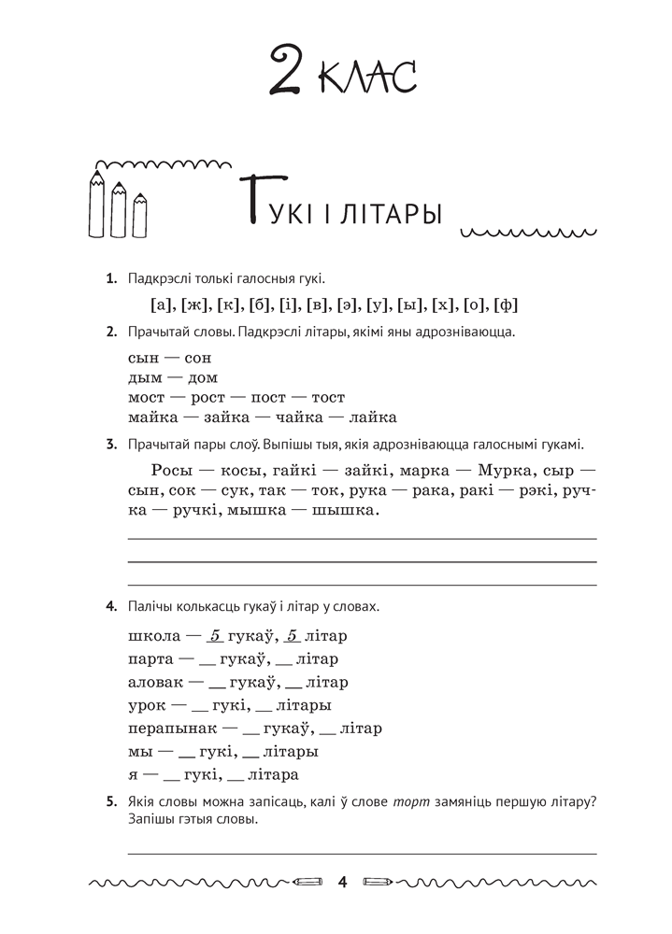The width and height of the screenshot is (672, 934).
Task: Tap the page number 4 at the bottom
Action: coord(342,882)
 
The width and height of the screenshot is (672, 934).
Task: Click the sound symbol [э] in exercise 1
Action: coord(343,304)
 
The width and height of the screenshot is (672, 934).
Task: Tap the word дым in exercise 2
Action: coord(141,377)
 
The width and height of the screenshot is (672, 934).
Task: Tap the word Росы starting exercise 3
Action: coord(171,468)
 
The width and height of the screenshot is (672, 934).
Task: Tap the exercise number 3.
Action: coord(111,444)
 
